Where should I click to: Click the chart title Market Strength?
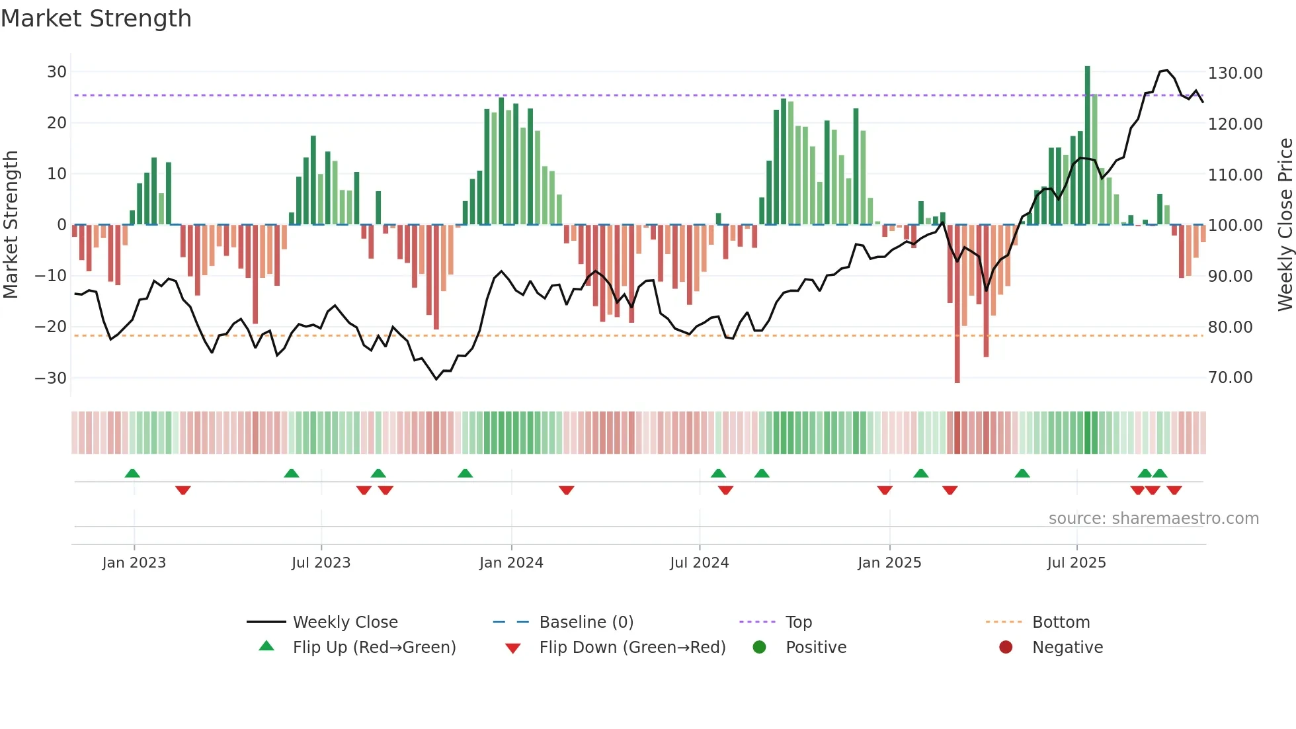tap(96, 19)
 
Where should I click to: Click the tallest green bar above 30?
tap(1087, 146)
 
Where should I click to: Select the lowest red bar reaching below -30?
tap(957, 304)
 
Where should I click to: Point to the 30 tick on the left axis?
tap(57, 72)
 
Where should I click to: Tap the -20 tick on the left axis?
tap(51, 327)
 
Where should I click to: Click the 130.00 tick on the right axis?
tap(1235, 73)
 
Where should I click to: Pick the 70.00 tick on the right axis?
tap(1230, 378)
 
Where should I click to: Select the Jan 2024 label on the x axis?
tap(511, 563)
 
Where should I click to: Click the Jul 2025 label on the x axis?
tap(1076, 563)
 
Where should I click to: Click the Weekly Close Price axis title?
tap(1285, 225)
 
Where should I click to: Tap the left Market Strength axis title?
tap(11, 225)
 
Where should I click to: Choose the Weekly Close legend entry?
tap(344, 622)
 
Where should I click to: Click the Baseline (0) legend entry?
tap(586, 622)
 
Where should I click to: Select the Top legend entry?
tap(798, 622)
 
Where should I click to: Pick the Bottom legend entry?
tap(1061, 622)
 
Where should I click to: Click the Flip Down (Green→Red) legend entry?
tap(631, 648)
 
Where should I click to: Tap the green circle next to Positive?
tap(759, 648)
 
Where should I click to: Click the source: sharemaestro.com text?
tap(1153, 519)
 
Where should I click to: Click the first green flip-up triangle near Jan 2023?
tap(132, 474)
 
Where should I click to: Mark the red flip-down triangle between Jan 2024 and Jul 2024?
tap(566, 490)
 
